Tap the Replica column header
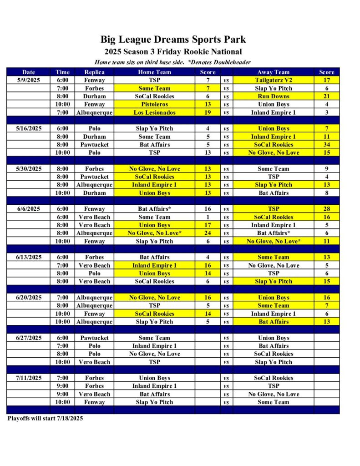pyautogui.click(x=94, y=72)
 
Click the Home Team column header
pyautogui.click(x=154, y=72)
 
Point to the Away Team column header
pyautogui.click(x=273, y=72)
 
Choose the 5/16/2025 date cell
pyautogui.click(x=29, y=128)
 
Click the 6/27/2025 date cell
pyautogui.click(x=29, y=338)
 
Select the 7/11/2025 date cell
pyautogui.click(x=29, y=378)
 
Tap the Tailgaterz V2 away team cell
pyautogui.click(x=273, y=80)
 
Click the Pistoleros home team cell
pyautogui.click(x=154, y=104)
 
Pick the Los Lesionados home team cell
pyautogui.click(x=154, y=112)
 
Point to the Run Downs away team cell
pyautogui.click(x=273, y=96)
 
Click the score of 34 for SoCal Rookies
pyautogui.click(x=326, y=144)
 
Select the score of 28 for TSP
pyautogui.click(x=326, y=209)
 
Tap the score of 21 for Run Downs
pyautogui.click(x=326, y=96)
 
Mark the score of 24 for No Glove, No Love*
pyautogui.click(x=208, y=233)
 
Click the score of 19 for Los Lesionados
pyautogui.click(x=208, y=112)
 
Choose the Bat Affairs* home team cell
pyautogui.click(x=154, y=209)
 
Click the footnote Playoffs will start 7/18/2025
pyautogui.click(x=45, y=418)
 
